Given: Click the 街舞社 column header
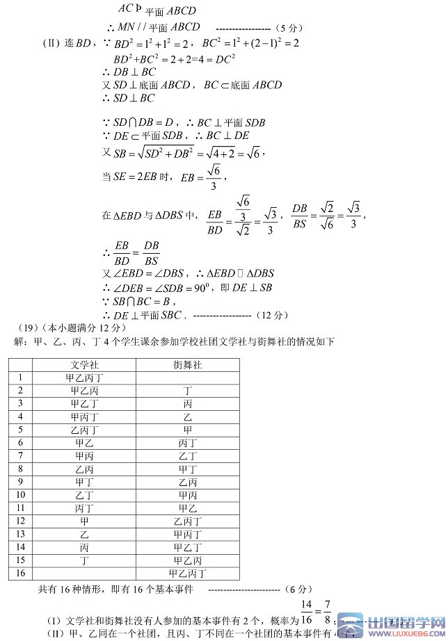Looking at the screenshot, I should click(187, 364).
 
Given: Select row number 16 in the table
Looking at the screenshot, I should click(20, 573).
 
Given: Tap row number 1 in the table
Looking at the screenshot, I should click(20, 377).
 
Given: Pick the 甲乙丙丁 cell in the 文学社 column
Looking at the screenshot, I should click(83, 378).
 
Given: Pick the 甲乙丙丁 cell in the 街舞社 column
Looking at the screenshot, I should click(187, 574).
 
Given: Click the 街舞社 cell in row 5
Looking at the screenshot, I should click(187, 430).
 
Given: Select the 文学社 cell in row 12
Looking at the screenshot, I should click(83, 521).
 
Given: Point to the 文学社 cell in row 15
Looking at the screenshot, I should click(83, 560).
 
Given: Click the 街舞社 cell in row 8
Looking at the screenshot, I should click(187, 469).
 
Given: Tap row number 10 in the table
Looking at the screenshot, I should click(20, 495).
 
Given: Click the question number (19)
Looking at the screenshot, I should click(27, 327).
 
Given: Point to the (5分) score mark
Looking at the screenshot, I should click(288, 28).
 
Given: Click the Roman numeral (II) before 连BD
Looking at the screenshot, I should click(52, 43).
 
